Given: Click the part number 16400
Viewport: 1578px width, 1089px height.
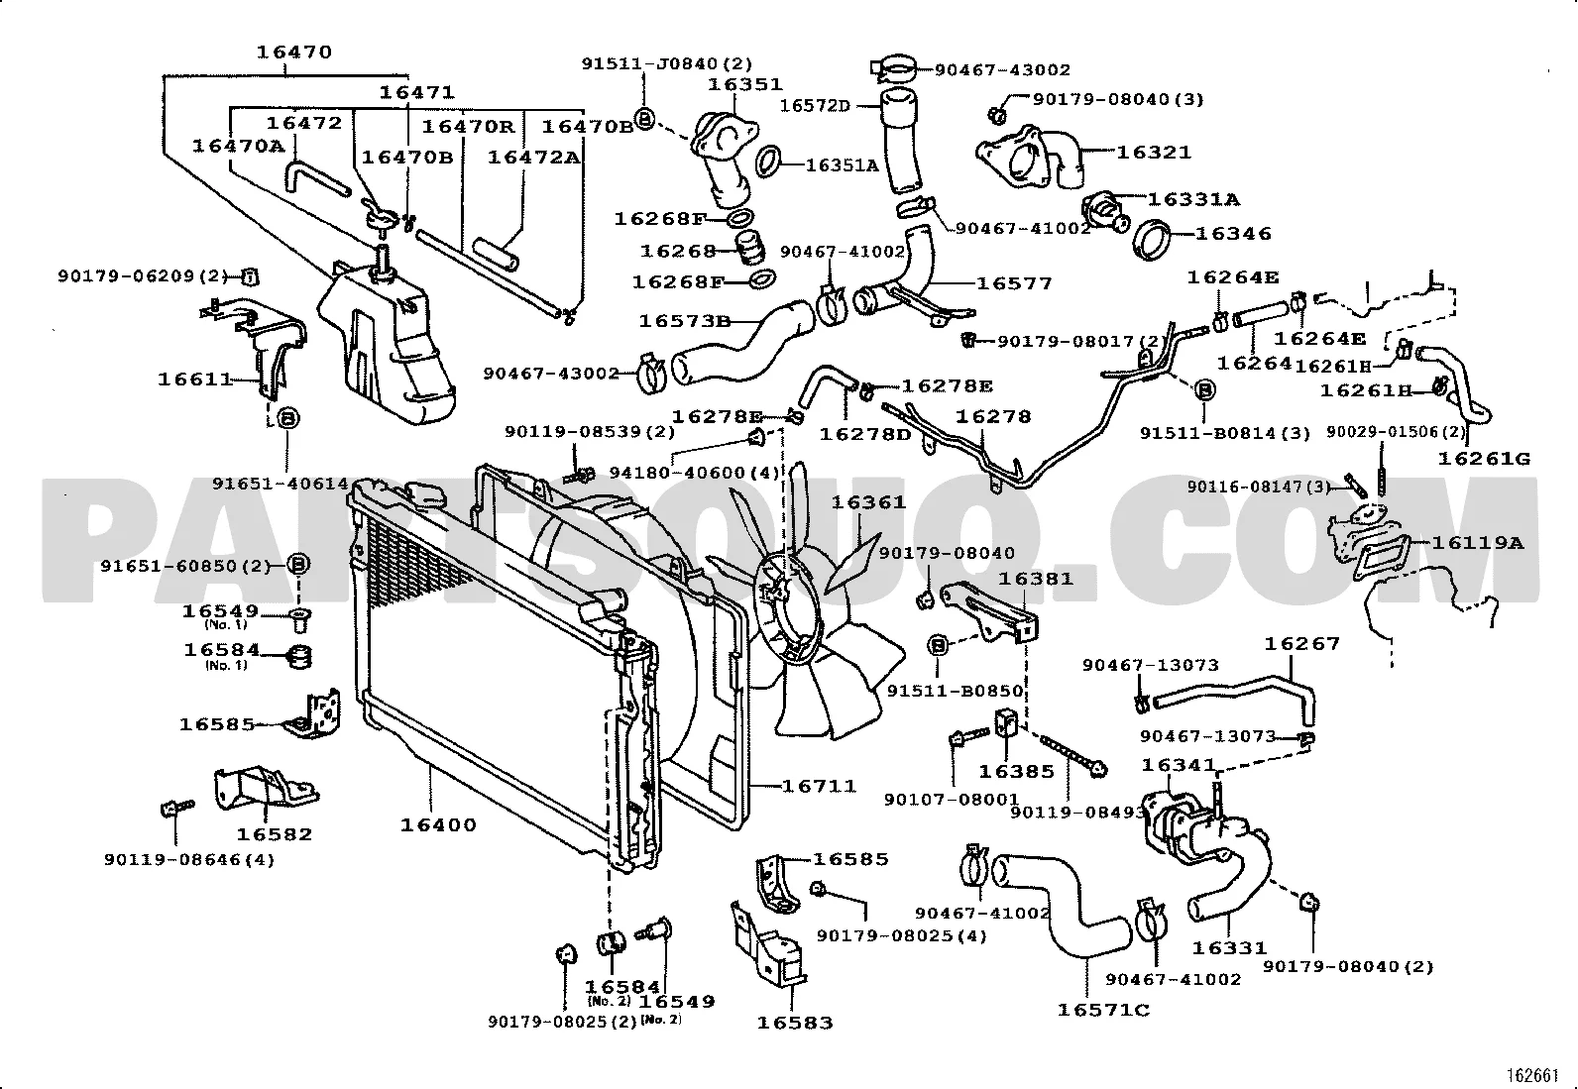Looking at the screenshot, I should click(x=438, y=824).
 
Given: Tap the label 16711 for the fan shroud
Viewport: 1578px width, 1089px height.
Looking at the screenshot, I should click(x=819, y=786).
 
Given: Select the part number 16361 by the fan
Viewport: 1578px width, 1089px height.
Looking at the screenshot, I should click(x=868, y=502).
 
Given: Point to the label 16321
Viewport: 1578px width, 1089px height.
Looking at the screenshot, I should click(x=1154, y=153).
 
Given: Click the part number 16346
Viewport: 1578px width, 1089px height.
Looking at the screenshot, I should click(x=1232, y=234).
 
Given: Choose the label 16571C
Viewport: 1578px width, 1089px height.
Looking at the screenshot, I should click(x=1102, y=1010).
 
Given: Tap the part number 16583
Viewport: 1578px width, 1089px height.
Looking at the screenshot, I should click(x=795, y=1023).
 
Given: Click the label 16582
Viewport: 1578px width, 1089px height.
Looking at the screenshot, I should click(x=274, y=834).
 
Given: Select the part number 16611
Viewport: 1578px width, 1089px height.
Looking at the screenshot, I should click(x=195, y=379).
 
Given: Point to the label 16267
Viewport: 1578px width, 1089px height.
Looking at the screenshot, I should click(x=1301, y=644).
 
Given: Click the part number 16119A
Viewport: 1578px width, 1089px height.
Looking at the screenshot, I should click(x=1477, y=542).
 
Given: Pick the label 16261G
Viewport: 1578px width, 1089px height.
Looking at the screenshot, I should click(x=1484, y=458).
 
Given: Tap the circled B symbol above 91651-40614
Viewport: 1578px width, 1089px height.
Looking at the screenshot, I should click(x=287, y=418).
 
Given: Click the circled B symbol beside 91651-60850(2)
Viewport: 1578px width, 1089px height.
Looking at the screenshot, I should click(x=298, y=565).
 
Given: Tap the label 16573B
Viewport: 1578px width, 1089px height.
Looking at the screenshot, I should click(x=684, y=321).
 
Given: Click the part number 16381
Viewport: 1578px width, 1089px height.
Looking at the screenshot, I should click(x=1035, y=579).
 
